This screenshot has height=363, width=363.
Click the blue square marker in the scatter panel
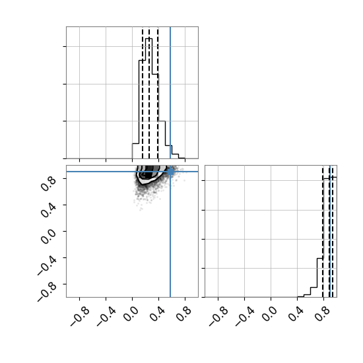coord(170,172)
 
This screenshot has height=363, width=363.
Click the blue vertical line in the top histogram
coord(170,92)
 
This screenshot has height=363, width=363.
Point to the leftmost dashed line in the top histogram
coord(143,92)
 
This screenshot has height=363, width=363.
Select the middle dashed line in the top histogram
coord(149,92)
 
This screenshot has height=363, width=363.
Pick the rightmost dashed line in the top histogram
coord(158,92)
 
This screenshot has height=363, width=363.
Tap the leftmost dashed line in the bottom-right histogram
coord(323,231)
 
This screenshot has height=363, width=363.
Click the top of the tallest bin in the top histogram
coord(149,38)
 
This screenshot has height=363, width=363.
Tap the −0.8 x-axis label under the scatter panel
coord(80,317)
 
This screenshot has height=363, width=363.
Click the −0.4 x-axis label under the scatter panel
coord(106,317)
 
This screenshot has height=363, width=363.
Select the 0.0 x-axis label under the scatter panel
coord(131,314)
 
